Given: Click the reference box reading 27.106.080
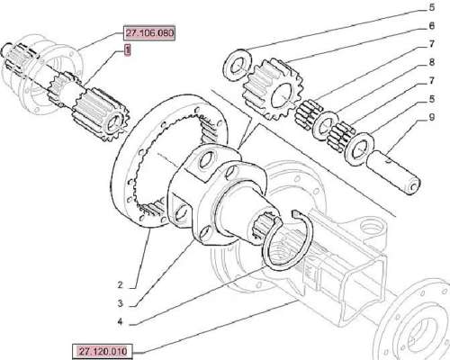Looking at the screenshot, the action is click(x=149, y=32).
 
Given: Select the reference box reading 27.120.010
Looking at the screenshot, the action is click(x=103, y=351).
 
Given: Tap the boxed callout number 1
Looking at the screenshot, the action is click(x=128, y=50).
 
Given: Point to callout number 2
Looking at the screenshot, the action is click(x=120, y=285).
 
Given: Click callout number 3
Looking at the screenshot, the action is click(x=120, y=303).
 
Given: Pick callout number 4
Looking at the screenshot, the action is click(x=120, y=322).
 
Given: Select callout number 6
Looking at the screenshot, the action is click(x=431, y=26).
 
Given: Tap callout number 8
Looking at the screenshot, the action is click(x=431, y=62).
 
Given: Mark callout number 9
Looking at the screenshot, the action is click(x=431, y=117).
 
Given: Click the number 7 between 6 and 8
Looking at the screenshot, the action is click(x=431, y=44).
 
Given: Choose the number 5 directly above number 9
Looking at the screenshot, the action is click(x=431, y=99).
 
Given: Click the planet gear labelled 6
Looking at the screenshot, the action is click(x=273, y=89).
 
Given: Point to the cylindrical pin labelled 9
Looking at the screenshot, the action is click(x=393, y=173).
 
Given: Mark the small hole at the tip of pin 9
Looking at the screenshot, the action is click(x=413, y=187).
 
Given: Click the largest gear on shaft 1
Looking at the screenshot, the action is click(x=102, y=114).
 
